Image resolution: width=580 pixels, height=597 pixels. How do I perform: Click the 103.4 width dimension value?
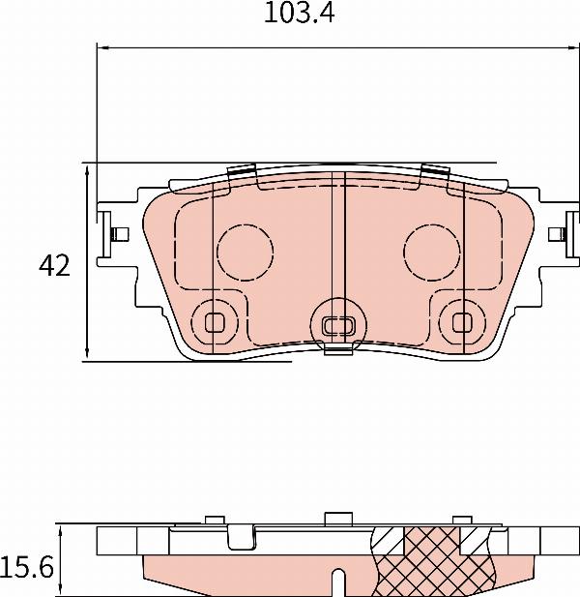tap(293, 15)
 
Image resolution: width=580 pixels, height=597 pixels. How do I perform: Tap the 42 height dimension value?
tap(54, 266)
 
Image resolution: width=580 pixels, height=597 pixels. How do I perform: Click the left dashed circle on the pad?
tap(246, 252)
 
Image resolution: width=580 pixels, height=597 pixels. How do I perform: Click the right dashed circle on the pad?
tap(431, 252)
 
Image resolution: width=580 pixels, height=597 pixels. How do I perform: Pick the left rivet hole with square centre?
tap(215, 320)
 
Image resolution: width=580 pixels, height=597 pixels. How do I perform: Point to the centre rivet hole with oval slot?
tap(337, 323)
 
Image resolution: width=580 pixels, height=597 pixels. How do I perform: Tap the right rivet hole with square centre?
tap(461, 320)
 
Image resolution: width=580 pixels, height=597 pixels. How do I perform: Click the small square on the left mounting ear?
tap(121, 234)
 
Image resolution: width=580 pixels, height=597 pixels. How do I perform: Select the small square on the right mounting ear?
tap(555, 234)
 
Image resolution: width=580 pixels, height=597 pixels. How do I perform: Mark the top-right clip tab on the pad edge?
tap(435, 172)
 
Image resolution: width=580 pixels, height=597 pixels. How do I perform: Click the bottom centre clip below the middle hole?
tap(337, 350)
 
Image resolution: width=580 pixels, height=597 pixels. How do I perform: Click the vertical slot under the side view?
tap(337, 584)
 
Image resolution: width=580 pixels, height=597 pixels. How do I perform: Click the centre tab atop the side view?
tap(337, 517)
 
